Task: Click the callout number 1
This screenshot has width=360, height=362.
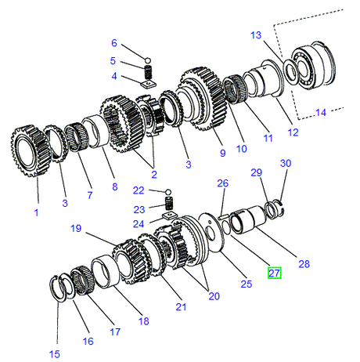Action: click(34, 212)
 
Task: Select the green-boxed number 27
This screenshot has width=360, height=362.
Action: click(274, 273)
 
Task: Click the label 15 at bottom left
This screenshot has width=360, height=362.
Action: click(54, 354)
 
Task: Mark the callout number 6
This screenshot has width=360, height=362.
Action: click(113, 43)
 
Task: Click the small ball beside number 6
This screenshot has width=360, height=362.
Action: click(146, 56)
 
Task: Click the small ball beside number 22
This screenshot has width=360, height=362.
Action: click(167, 191)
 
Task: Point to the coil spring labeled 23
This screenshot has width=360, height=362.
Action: click(167, 203)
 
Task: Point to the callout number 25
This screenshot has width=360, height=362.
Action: click(246, 283)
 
